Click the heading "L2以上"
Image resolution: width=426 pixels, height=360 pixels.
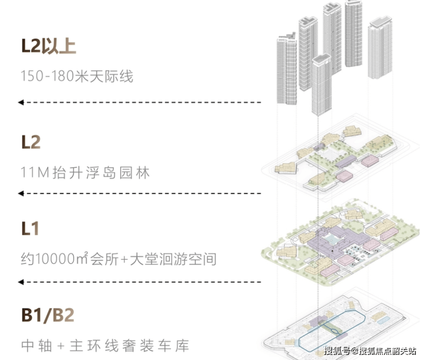click(48, 46)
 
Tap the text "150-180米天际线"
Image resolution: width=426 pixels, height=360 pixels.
click(77, 75)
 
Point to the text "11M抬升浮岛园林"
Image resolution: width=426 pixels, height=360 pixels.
click(85, 172)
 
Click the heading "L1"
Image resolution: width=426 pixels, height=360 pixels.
click(30, 228)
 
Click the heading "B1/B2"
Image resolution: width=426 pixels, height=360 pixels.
click(48, 315)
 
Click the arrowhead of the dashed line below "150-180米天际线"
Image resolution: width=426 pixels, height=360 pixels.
click(21, 103)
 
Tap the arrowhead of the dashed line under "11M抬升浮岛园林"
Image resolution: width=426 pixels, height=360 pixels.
click(21, 192)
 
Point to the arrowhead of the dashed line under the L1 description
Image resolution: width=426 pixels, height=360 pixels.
click(21, 282)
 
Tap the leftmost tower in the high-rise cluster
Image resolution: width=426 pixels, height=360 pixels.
click(286, 69)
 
